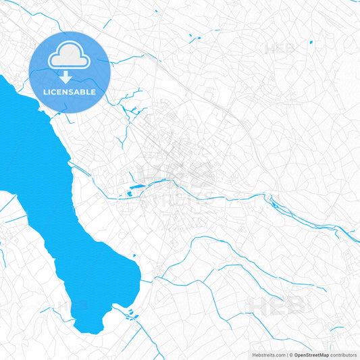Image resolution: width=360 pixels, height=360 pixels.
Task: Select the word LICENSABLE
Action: tap(70, 91)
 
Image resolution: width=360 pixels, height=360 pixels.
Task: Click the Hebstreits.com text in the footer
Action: tap(267, 354)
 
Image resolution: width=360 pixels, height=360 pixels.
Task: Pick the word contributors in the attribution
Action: tap(343, 354)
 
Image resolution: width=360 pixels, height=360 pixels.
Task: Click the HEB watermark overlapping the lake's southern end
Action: tap(73, 305)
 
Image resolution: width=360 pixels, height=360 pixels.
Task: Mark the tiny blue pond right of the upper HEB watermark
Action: tap(311, 43)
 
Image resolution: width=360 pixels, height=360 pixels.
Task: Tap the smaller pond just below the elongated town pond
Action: tap(129, 195)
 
